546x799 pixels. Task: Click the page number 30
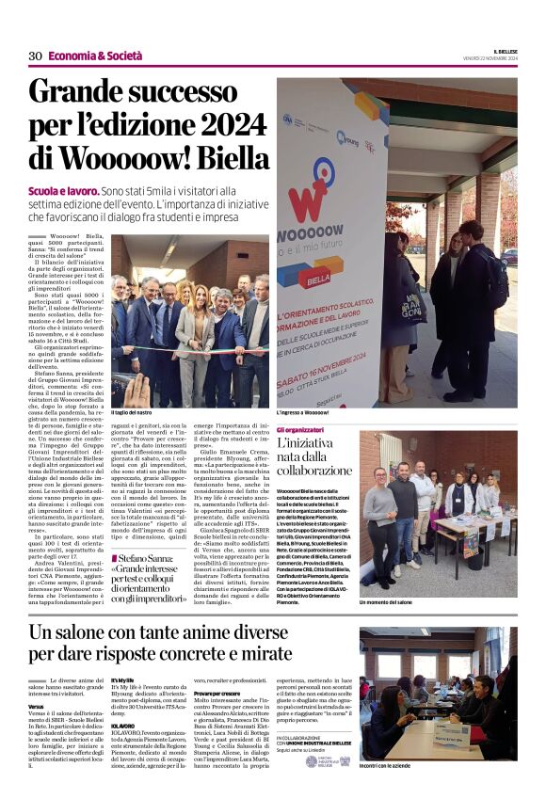35,56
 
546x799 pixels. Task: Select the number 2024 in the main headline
218,124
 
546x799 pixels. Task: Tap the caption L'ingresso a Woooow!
302,412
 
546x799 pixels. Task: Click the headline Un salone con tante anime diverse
159,631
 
